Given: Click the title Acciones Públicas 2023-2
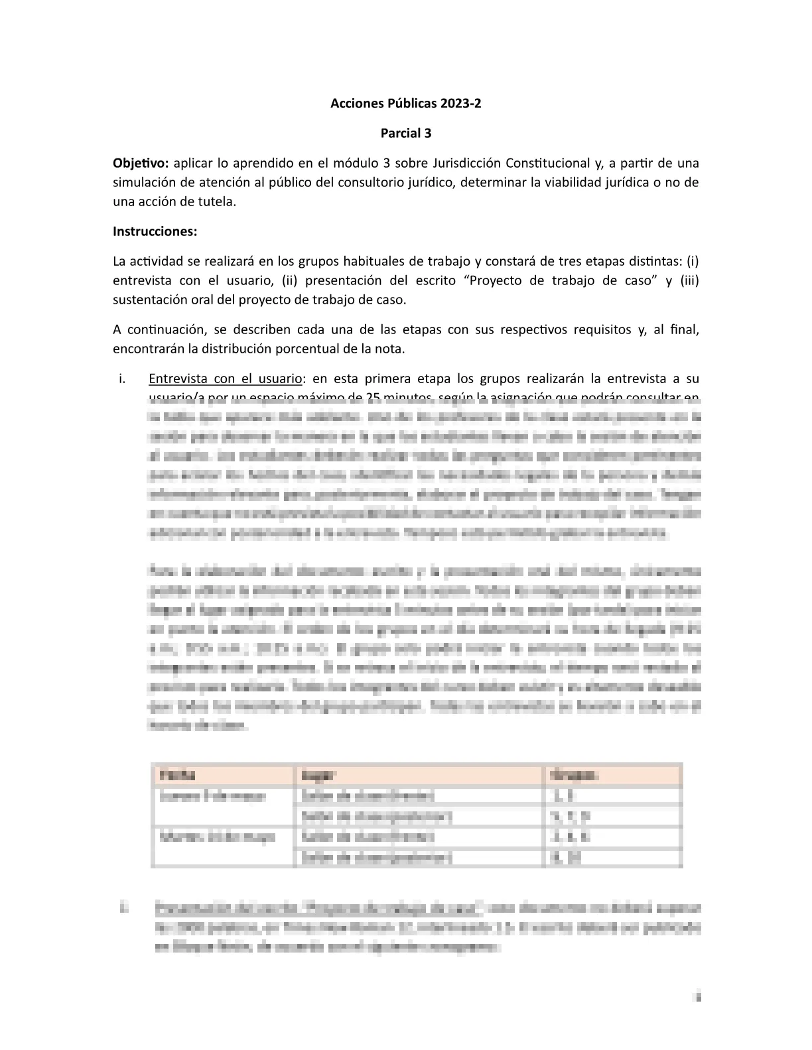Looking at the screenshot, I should point(405,103).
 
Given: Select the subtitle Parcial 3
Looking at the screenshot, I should point(405,133).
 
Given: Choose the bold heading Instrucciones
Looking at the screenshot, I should point(155,231).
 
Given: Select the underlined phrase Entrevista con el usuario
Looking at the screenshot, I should point(225,379).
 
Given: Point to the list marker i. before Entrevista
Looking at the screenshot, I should point(121,379).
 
